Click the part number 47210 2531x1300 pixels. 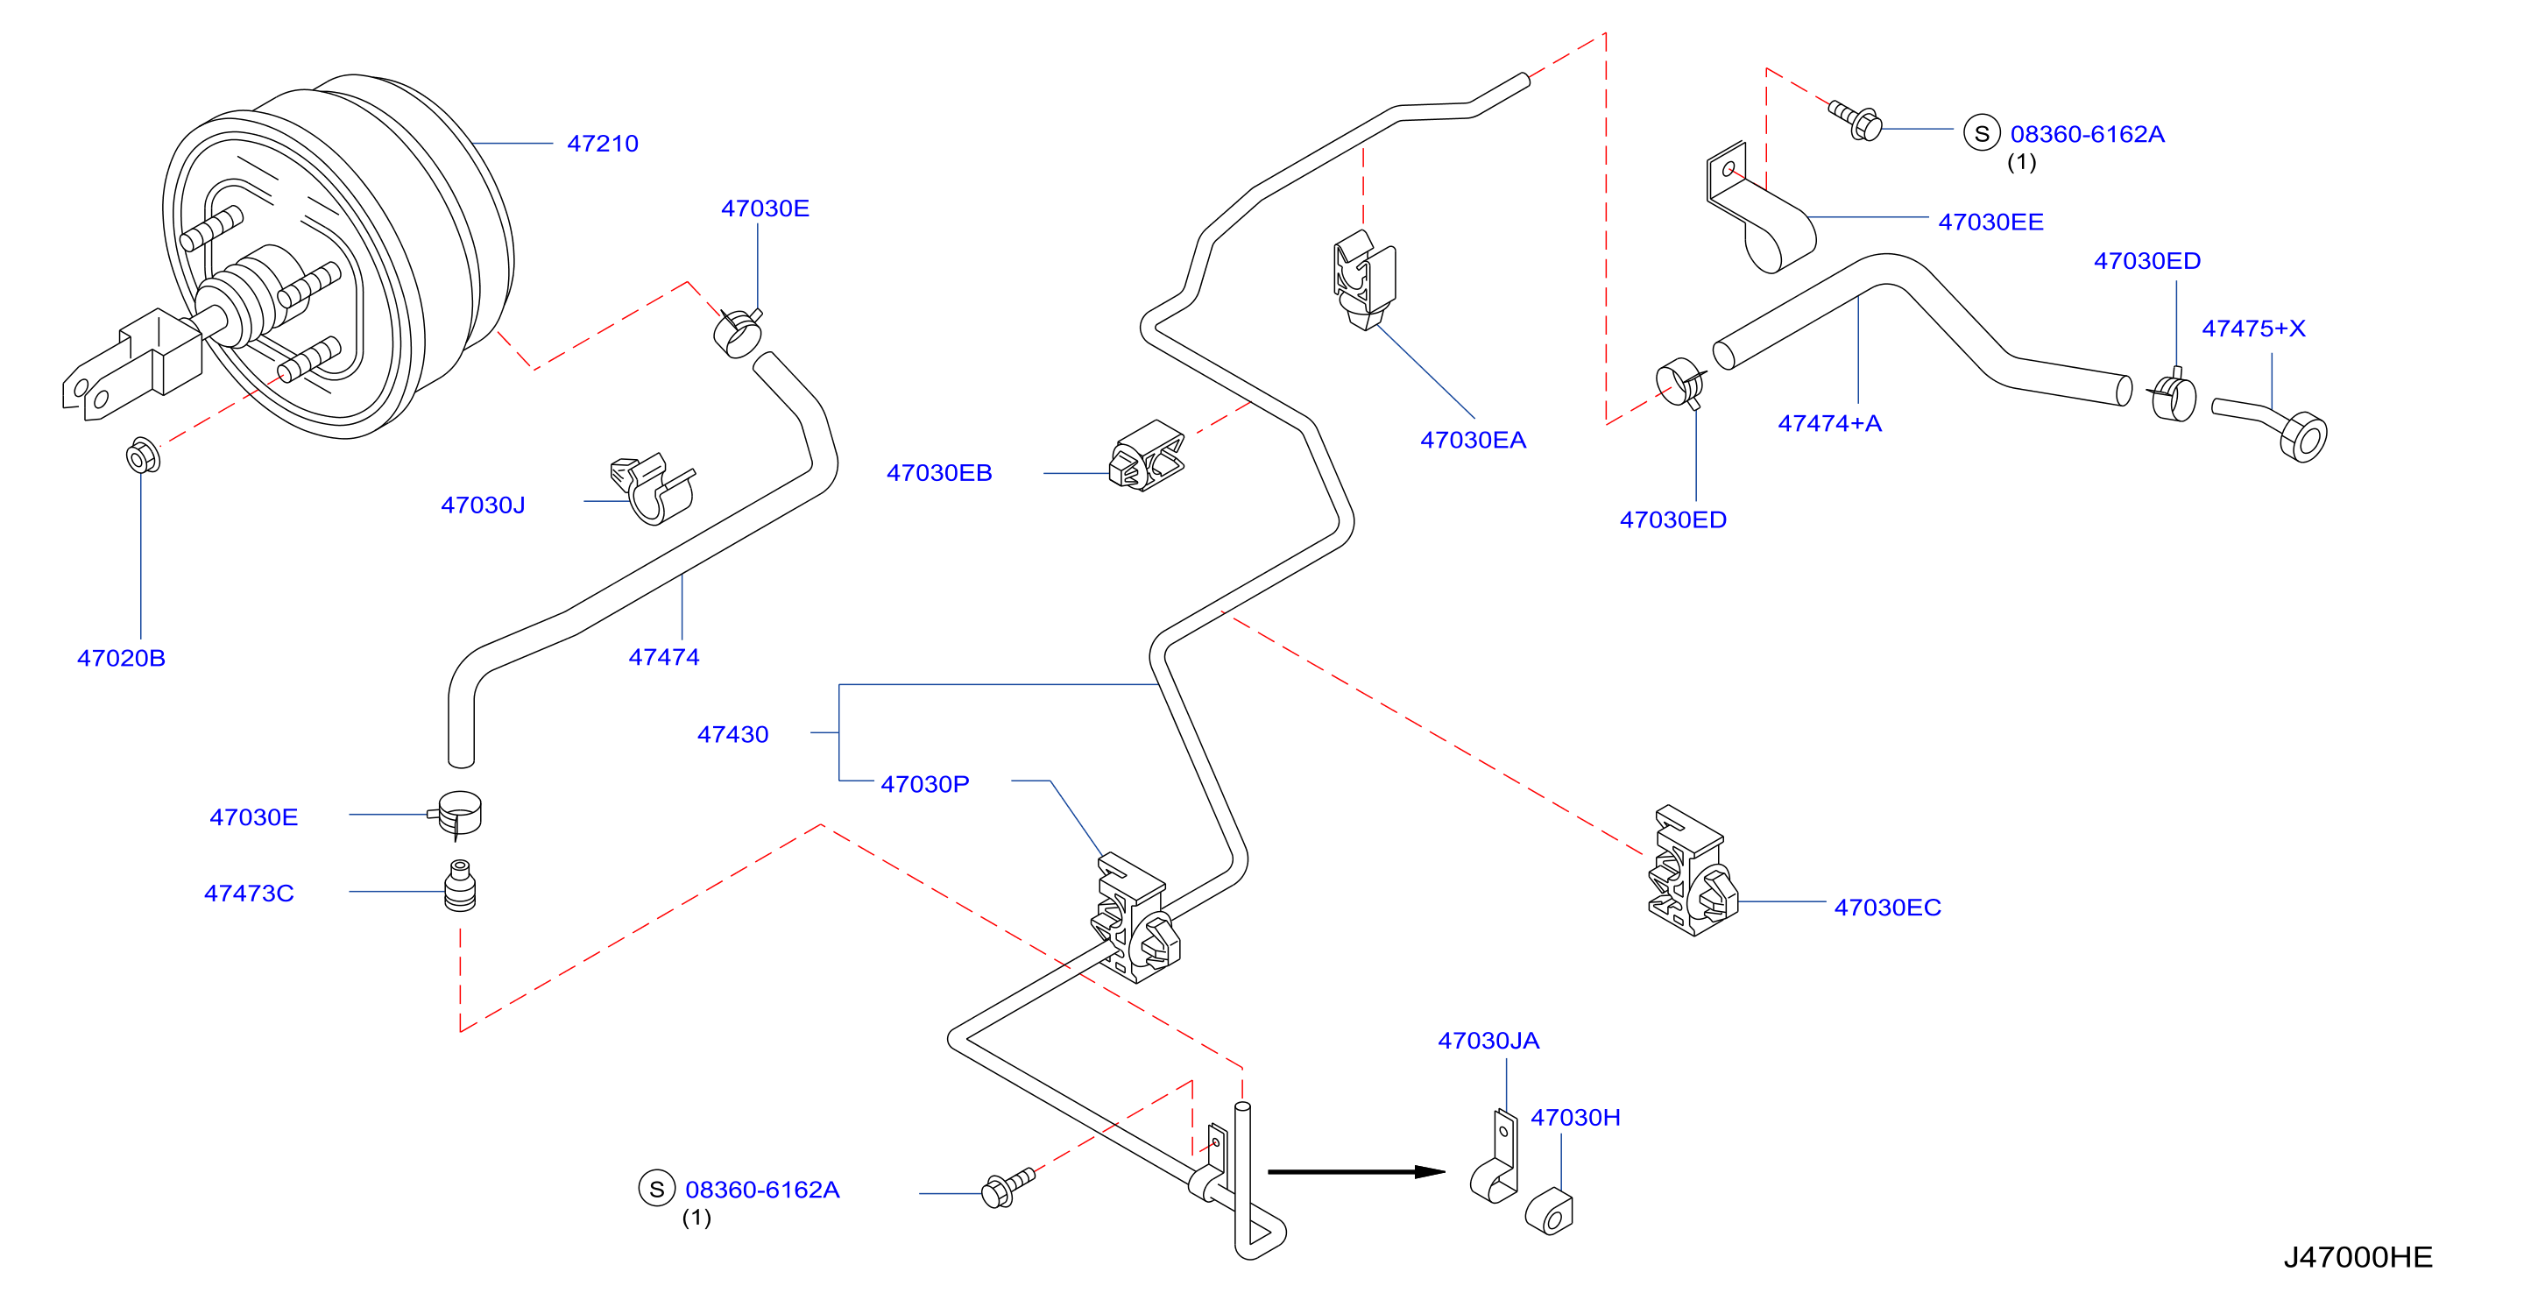602,144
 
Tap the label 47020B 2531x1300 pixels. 121,659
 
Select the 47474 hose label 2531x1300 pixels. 664,657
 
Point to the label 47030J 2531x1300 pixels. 483,505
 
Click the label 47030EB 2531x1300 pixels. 939,473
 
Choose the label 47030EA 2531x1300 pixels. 1473,441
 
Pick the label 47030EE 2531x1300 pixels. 1990,223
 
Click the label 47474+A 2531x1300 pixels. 1829,423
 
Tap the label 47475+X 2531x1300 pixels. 2253,329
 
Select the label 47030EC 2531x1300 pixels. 1887,908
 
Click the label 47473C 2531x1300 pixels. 249,894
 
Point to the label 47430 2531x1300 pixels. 733,734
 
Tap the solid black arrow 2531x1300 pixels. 1356,1171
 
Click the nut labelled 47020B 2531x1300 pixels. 144,456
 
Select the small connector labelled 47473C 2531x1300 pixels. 460,887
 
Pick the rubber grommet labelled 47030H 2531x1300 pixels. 1550,1212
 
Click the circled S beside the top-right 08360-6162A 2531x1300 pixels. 1982,132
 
